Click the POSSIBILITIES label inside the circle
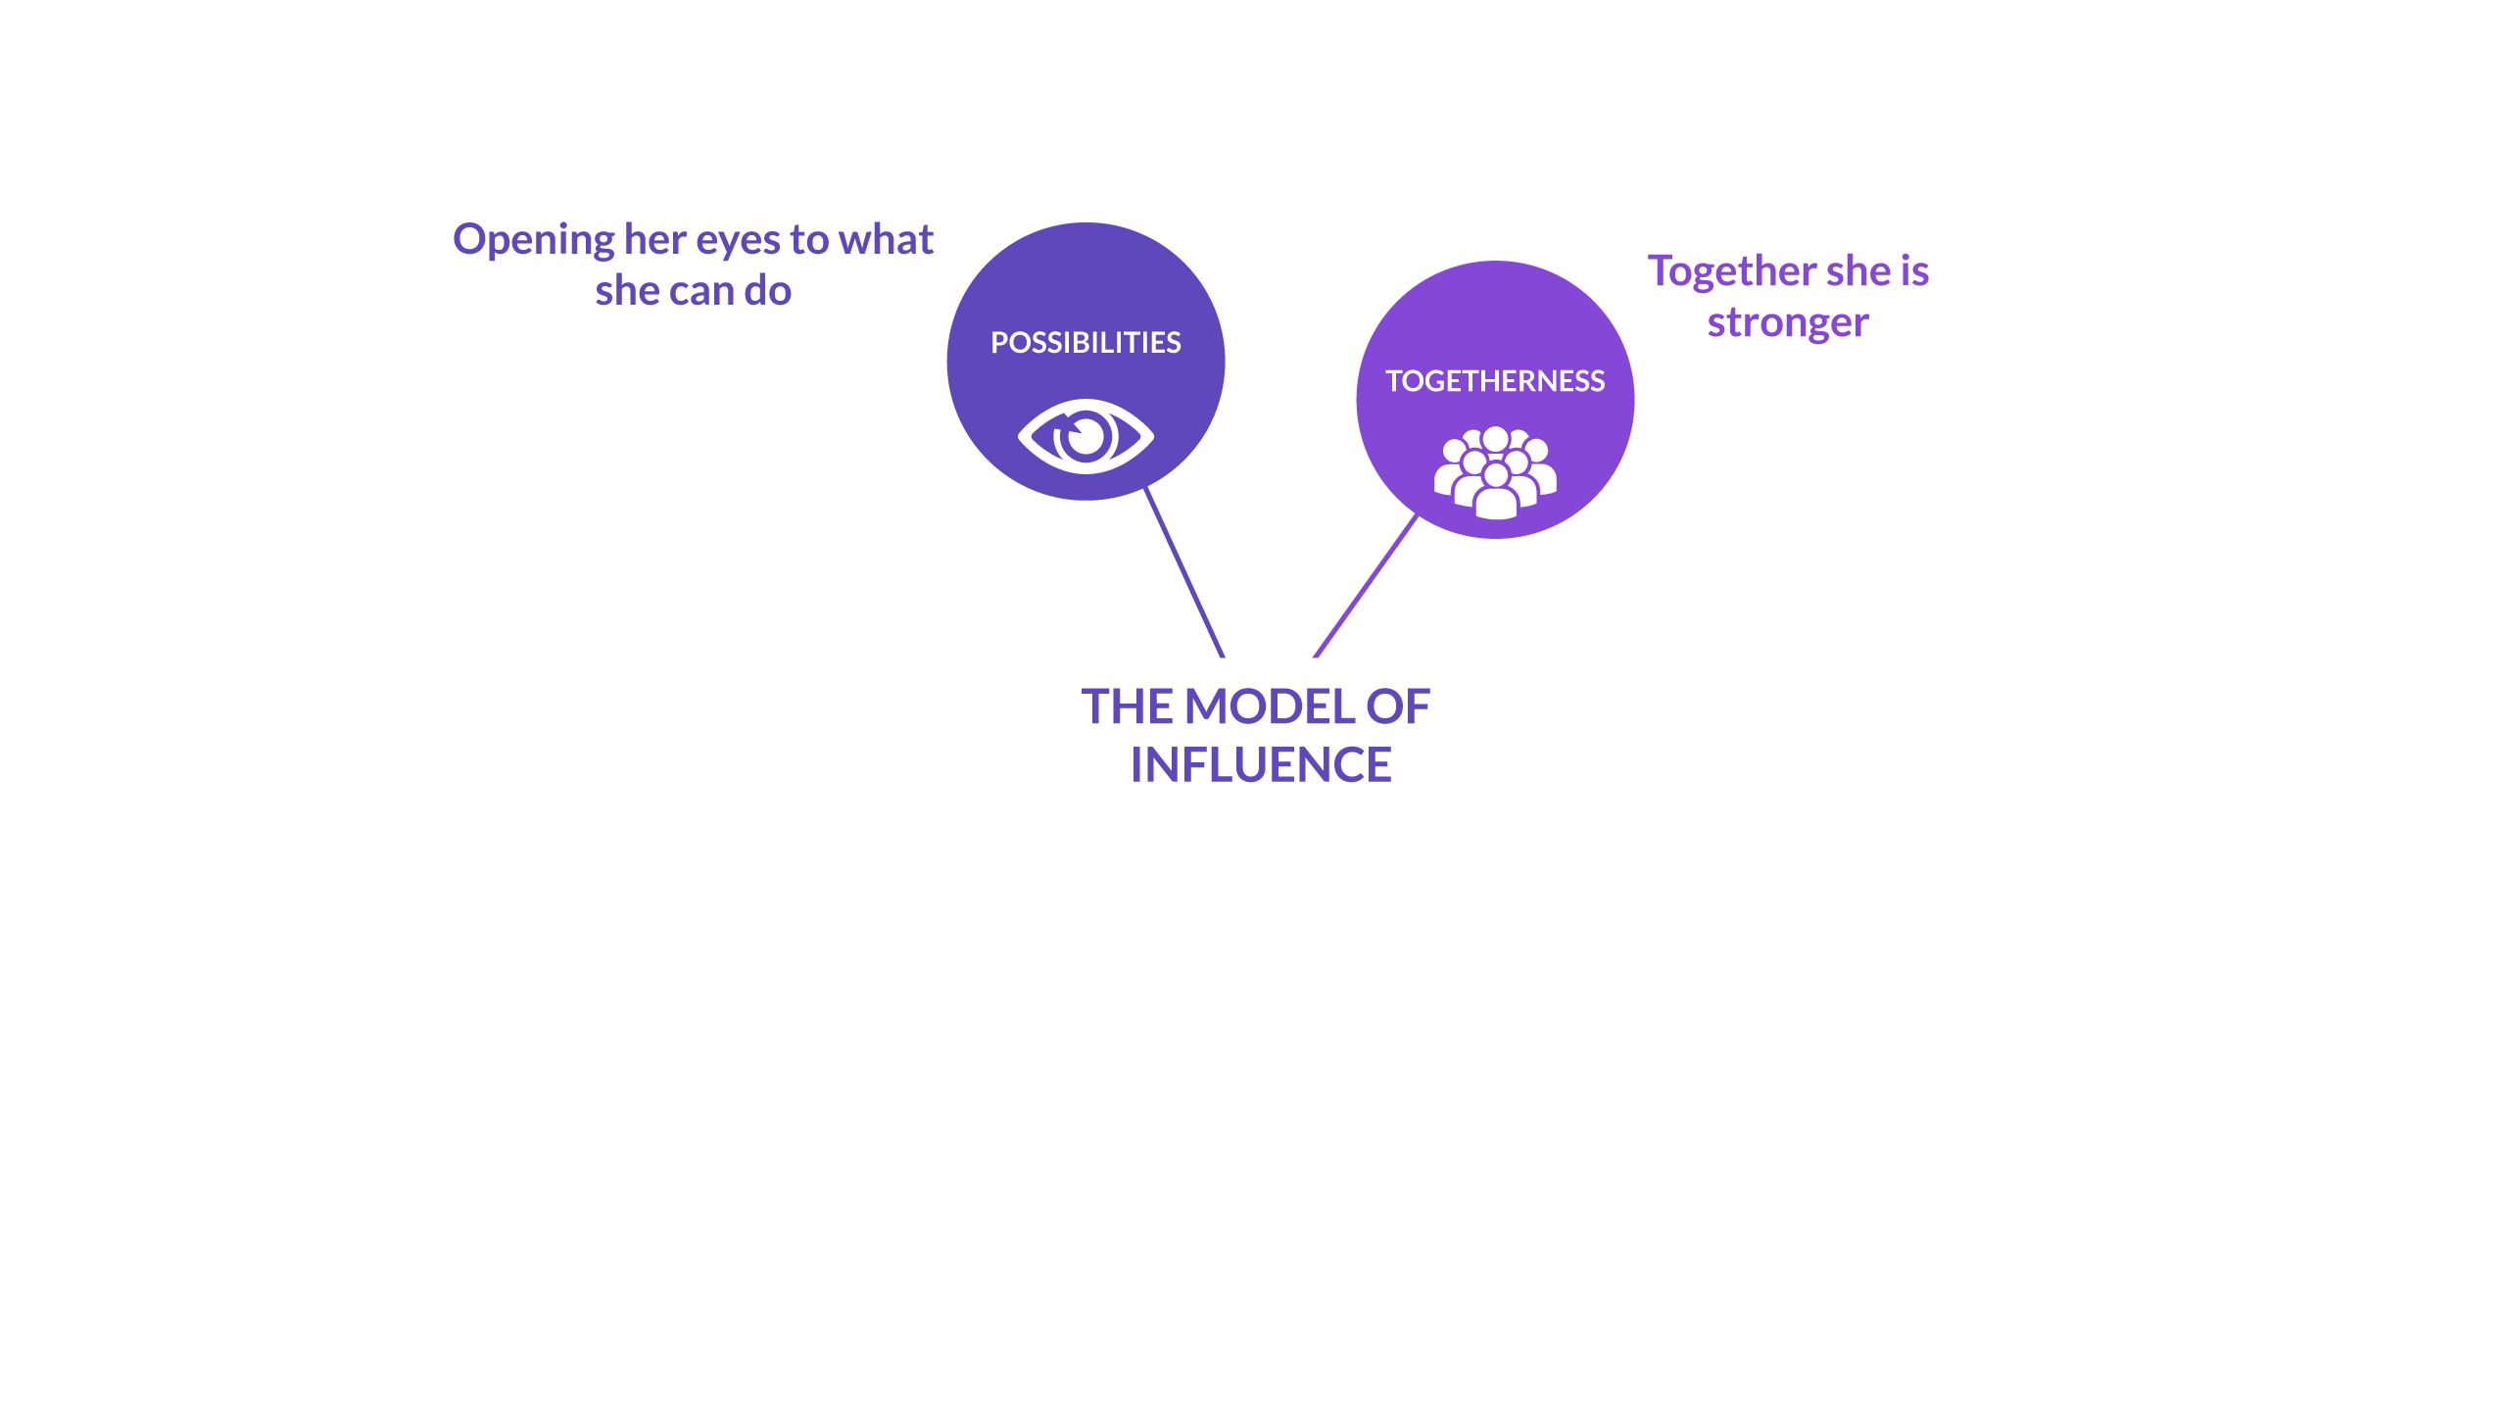[1085, 343]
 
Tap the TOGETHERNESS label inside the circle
[1495, 381]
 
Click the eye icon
[1085, 436]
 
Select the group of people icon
[1495, 471]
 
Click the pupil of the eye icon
[1086, 435]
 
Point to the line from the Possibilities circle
[1184, 572]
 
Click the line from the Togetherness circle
[1366, 585]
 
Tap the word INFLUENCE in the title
[1261, 765]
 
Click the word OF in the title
[1398, 706]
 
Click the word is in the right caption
[1914, 271]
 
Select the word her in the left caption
[654, 239]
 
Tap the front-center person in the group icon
[1495, 495]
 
